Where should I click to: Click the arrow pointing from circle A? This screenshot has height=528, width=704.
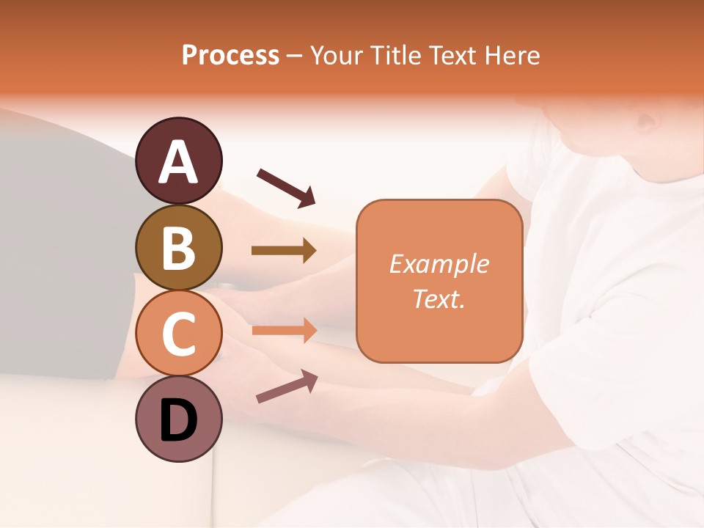286,186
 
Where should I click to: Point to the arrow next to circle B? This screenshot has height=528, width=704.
284,251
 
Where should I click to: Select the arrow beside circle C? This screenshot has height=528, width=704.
284,330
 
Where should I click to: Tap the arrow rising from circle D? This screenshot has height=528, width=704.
287,386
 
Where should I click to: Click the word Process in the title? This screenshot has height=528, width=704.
230,55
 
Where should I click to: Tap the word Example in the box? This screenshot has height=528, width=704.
439,264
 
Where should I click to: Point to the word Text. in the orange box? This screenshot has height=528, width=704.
439,298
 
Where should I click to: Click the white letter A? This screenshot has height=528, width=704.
178,161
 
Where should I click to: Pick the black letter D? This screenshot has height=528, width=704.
178,419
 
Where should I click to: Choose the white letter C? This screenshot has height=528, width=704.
178,333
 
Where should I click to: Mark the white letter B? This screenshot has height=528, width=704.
178,247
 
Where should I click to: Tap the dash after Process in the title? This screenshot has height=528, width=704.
295,56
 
